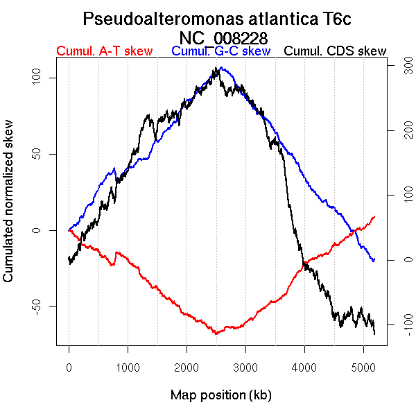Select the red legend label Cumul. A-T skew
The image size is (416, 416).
(x=104, y=51)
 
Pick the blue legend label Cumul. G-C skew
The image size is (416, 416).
(x=220, y=51)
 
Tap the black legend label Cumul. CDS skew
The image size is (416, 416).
(x=336, y=51)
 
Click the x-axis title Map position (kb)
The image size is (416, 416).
(x=220, y=395)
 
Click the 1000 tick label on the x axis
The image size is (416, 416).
(x=128, y=367)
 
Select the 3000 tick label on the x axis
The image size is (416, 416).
(x=245, y=367)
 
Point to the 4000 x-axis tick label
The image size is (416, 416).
(x=304, y=367)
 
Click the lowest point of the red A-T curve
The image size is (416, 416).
(x=216, y=333)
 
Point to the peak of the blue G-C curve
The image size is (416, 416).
(x=220, y=68)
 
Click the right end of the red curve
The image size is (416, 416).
(x=374, y=216)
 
